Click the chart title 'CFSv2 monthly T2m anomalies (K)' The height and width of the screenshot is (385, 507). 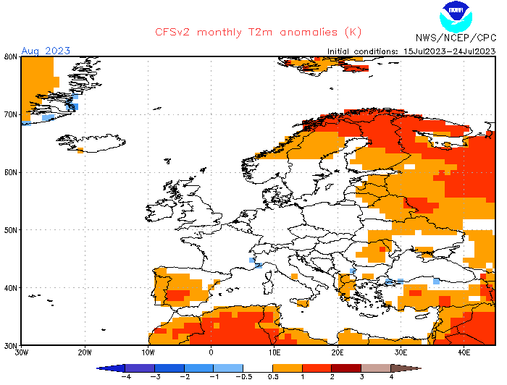tap(258, 33)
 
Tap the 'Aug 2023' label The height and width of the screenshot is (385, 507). tap(46, 50)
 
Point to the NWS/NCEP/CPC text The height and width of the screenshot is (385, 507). tap(456, 38)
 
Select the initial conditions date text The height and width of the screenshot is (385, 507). tap(411, 51)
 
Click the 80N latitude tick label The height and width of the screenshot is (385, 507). tap(10, 56)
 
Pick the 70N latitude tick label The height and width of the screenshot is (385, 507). tap(10, 114)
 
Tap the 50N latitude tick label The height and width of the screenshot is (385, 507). tap(10, 230)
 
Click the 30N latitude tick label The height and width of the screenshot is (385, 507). tap(10, 345)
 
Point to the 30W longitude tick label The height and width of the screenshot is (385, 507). tap(22, 352)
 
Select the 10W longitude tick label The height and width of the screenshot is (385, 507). tap(148, 352)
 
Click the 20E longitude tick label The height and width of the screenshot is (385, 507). tap(338, 352)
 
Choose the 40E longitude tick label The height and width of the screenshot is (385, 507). tap(464, 352)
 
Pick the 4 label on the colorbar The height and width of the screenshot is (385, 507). tap(391, 377)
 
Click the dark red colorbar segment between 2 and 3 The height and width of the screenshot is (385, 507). tap(346, 368)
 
